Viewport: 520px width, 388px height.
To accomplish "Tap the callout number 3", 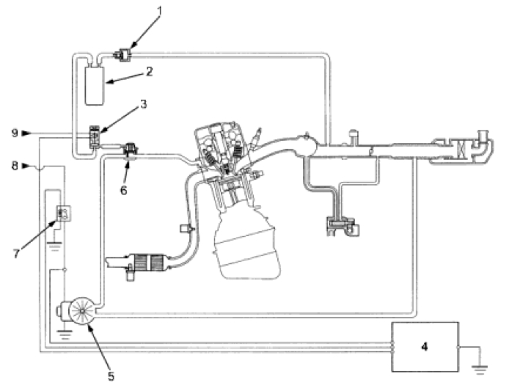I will click(x=144, y=105).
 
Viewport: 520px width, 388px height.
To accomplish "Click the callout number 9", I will click(x=13, y=133).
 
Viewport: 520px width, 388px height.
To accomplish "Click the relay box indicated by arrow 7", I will click(x=62, y=214).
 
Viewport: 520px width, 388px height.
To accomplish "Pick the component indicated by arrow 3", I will click(x=94, y=136).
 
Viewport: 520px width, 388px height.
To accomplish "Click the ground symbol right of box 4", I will click(x=480, y=360).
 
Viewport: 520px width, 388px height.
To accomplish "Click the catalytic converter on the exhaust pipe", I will click(x=150, y=263).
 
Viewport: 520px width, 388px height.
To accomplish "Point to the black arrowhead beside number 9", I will click(x=26, y=133).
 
